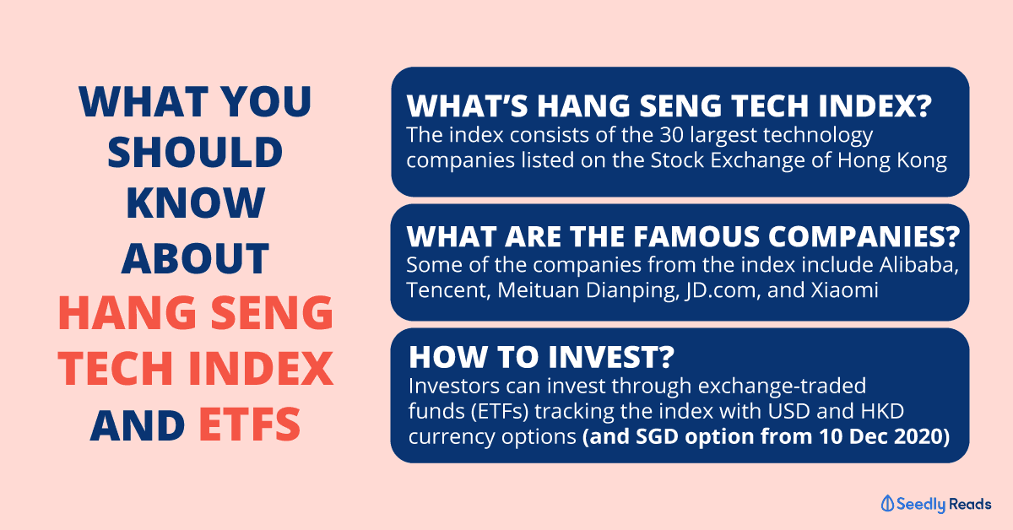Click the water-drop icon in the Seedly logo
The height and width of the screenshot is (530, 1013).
tap(887, 503)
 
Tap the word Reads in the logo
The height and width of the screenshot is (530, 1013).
tap(970, 504)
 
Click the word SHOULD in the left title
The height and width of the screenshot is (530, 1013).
tap(195, 152)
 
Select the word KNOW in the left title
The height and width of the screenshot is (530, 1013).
tap(195, 203)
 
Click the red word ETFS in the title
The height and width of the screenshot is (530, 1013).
tap(250, 425)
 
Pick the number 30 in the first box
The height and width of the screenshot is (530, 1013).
tap(672, 135)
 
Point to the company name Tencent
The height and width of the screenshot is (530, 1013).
tap(448, 290)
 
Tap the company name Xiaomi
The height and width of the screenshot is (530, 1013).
tap(845, 289)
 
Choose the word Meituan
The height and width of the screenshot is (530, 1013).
tap(539, 289)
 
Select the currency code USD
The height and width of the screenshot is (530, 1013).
tap(788, 411)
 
